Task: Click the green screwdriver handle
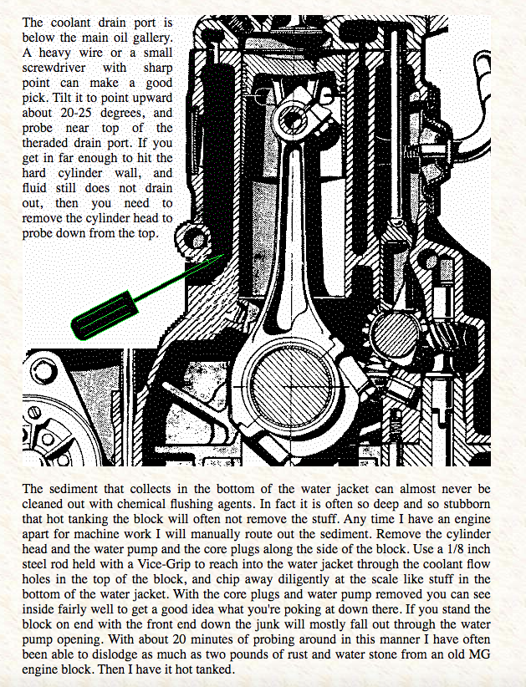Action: point(105,315)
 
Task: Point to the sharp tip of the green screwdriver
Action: point(223,254)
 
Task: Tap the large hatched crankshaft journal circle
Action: point(291,387)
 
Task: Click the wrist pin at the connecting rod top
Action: point(291,120)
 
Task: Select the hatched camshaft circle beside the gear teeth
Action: point(395,336)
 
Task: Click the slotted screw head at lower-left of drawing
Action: point(35,412)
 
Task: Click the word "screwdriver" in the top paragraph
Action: point(52,68)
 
